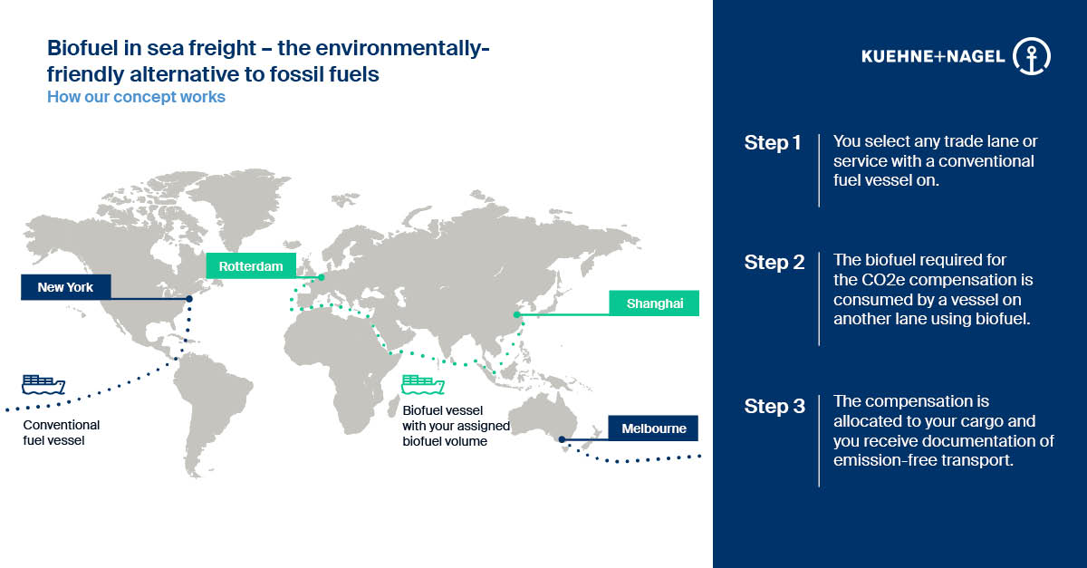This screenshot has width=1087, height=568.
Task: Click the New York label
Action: click(65, 287)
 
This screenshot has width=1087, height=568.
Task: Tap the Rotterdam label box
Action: click(251, 266)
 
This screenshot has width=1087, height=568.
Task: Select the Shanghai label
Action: click(654, 303)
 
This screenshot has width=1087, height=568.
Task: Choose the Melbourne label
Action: click(653, 428)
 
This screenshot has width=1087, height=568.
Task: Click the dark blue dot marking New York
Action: click(189, 299)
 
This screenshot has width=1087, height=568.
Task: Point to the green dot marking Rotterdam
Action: click(322, 278)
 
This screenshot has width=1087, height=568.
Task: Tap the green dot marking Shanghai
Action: click(517, 314)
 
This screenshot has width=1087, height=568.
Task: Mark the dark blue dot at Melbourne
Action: click(562, 439)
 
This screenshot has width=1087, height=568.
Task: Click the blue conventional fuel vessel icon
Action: click(43, 384)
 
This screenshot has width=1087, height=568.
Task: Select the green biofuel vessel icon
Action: click(423, 384)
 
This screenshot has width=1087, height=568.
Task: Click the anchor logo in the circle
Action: click(1032, 56)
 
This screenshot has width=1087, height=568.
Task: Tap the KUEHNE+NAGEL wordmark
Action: click(933, 57)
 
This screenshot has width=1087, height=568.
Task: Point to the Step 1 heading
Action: click(772, 143)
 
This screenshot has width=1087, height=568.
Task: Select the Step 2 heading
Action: click(774, 262)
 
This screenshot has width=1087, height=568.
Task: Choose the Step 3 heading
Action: click(774, 406)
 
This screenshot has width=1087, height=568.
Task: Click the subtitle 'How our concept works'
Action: click(137, 97)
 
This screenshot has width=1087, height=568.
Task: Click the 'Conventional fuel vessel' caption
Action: click(62, 432)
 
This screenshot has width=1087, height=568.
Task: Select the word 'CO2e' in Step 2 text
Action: click(884, 280)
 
